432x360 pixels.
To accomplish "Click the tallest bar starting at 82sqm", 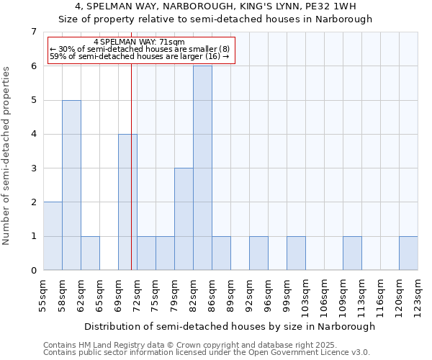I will [202, 168].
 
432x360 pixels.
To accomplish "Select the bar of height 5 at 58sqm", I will [71, 185].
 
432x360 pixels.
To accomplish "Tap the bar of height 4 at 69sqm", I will [127, 202].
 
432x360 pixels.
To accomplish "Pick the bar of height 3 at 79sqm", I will [184, 219].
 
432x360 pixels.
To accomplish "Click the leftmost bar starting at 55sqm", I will [53, 236].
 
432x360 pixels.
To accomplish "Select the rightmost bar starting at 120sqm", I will [408, 253].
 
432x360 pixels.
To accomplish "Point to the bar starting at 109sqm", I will [352, 253].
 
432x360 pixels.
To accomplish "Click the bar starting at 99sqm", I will [296, 253].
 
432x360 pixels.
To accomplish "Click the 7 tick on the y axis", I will [33, 32].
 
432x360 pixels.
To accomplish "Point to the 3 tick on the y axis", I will [33, 168].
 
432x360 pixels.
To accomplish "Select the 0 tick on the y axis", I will [33, 271].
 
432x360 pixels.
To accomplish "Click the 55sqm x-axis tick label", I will [43, 292].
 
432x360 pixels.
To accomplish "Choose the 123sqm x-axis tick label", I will [418, 292].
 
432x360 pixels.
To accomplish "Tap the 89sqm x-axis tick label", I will [230, 292].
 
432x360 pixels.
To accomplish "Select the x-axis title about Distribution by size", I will [230, 326].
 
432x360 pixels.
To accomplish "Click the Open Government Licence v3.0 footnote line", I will [207, 352].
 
